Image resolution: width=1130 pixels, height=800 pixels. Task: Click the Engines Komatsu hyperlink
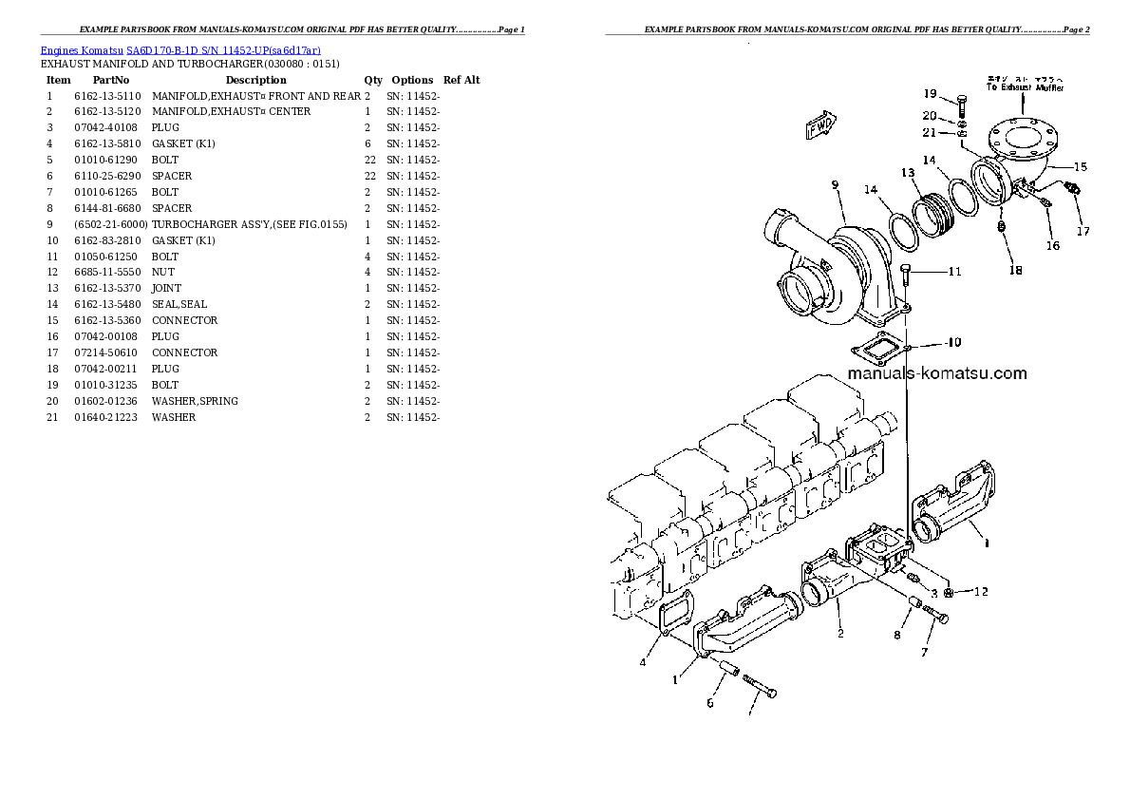(82, 49)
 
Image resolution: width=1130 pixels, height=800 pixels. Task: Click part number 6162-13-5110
(107, 96)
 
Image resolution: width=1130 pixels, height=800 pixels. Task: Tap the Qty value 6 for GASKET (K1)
(367, 143)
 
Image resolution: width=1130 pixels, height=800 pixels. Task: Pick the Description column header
(255, 80)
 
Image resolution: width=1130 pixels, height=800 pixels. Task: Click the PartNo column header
(111, 80)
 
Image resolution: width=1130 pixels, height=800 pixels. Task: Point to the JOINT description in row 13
(166, 288)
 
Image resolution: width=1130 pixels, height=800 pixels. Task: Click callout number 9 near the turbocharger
(836, 185)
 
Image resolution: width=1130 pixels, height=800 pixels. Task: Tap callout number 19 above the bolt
(930, 93)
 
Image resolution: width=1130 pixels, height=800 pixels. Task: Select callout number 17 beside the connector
(1083, 230)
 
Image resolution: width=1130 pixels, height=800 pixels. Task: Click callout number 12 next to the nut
(980, 592)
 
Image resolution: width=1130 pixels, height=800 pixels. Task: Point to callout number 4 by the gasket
(643, 662)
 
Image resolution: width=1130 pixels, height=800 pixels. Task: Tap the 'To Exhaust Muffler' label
(1025, 86)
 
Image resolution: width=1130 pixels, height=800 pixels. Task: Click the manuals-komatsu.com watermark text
(936, 373)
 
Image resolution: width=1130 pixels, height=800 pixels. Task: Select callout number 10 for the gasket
(953, 342)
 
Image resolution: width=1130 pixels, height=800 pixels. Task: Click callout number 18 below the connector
(1015, 271)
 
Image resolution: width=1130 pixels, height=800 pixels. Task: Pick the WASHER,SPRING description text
(195, 401)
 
